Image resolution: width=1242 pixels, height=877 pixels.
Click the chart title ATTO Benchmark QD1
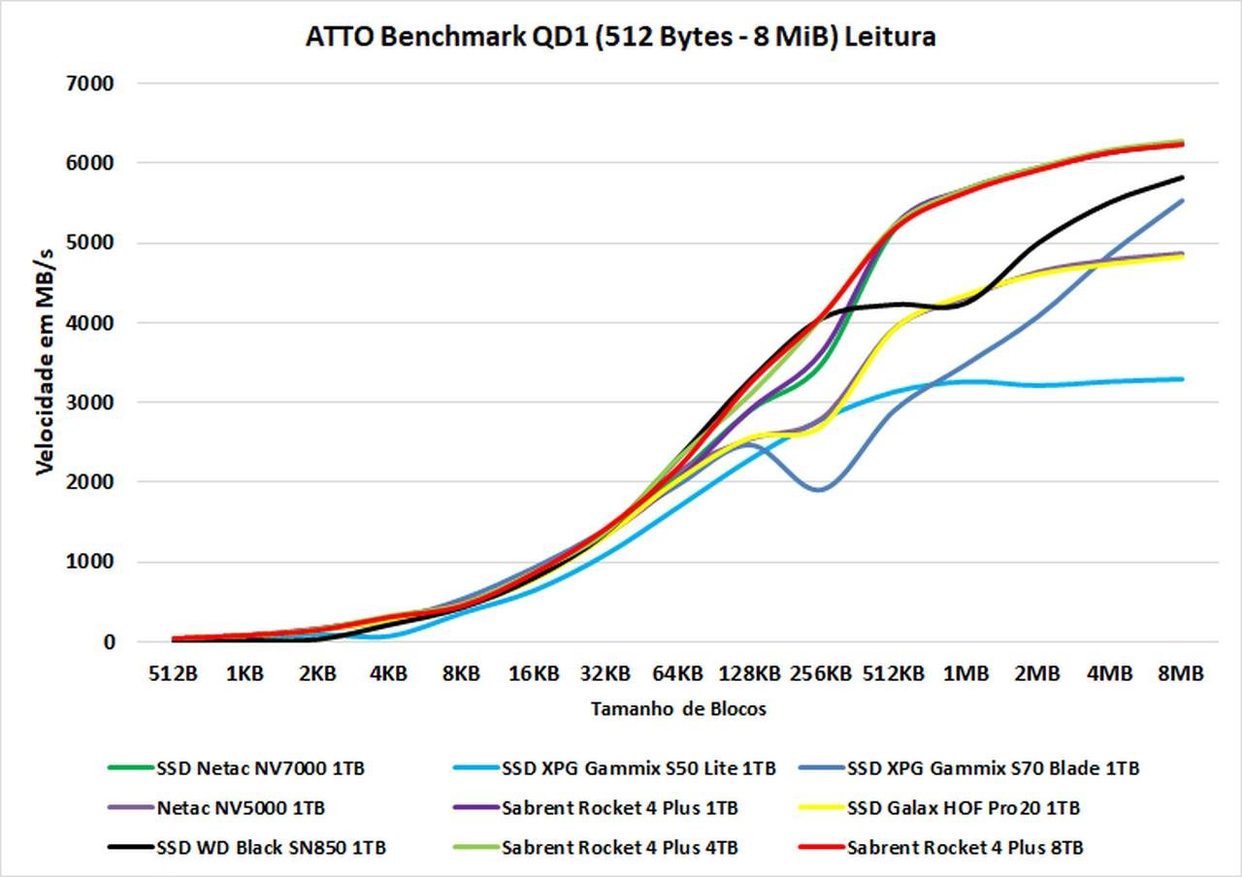(621, 37)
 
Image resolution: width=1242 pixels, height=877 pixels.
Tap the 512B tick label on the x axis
(173, 672)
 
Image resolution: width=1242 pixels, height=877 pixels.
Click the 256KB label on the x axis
(821, 672)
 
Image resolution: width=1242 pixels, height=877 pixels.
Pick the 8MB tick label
(1180, 672)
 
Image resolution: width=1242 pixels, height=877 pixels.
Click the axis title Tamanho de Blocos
(678, 709)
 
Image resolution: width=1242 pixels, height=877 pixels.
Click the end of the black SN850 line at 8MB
(1182, 178)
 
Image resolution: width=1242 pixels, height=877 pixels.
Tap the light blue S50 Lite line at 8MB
(1181, 379)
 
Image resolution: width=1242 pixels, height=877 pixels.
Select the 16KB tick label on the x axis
(533, 672)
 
